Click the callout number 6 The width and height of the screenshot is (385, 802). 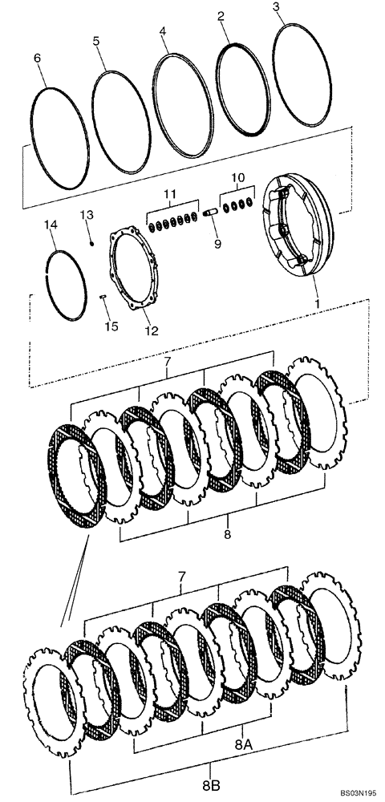click(36, 58)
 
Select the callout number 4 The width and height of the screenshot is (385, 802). click(162, 31)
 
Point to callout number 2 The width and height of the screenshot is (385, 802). click(221, 15)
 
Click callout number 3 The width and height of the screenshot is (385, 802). click(276, 7)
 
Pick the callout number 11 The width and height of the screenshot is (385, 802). click(169, 195)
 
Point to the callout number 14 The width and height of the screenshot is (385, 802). click(52, 226)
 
